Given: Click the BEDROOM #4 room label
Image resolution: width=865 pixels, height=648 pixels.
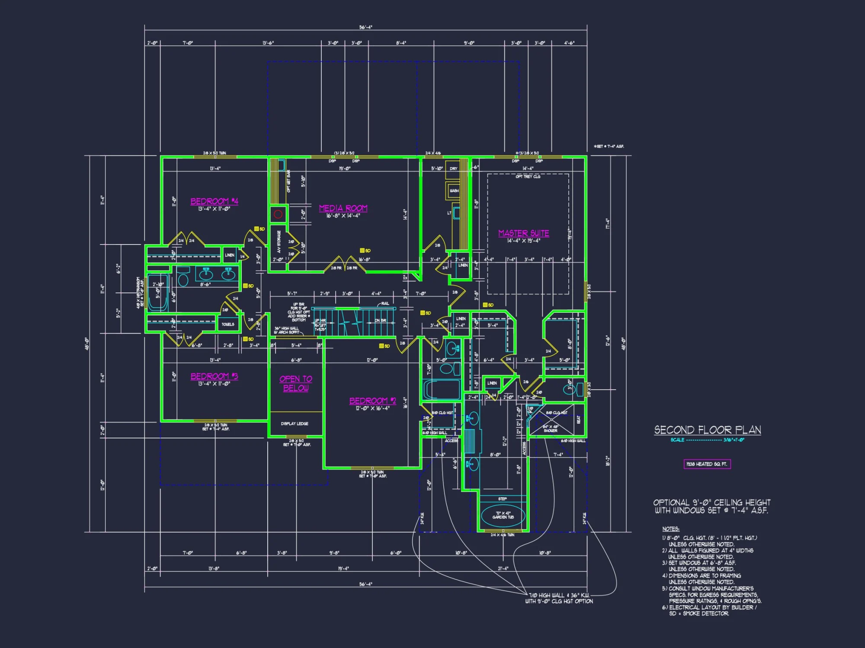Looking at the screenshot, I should pos(214,201).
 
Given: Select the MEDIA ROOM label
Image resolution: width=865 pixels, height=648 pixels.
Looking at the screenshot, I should pos(343,208).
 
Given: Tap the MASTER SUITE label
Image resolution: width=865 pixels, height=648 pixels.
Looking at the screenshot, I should pos(523,233).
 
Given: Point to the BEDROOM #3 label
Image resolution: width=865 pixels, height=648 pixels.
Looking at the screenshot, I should pos(214,376).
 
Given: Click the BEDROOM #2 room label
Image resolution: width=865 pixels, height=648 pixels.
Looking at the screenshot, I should pos(372,401).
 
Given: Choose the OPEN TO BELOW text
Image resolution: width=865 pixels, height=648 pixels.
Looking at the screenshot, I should pos(296,383).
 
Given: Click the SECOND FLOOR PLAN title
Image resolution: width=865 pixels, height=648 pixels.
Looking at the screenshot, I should pos(707,430).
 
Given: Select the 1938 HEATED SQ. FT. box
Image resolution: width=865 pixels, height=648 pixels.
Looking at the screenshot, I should pos(707,464).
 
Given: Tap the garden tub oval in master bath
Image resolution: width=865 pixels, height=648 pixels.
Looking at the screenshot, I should pos(503,515).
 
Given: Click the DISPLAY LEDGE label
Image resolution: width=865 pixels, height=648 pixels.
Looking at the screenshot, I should pos(295,423).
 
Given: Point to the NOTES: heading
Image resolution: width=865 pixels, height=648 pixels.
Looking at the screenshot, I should pos(670,529).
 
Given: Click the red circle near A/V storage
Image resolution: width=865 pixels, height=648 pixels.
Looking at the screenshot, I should pos(278,214).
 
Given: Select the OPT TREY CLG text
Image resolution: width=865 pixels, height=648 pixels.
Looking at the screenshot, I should pos(528,177).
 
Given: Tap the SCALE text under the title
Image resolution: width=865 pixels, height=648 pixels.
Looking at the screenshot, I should pos(677,440).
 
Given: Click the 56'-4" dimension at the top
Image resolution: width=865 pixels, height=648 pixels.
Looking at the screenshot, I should pos(365,27).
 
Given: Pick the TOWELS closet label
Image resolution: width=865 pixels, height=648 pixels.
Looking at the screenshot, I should pos(228,324).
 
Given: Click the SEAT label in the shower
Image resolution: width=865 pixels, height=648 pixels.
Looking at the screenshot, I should pos(579,419).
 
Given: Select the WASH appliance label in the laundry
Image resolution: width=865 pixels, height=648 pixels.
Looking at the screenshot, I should pos(454,191).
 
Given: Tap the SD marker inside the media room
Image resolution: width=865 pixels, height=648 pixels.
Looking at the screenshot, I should pos(365,251).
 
